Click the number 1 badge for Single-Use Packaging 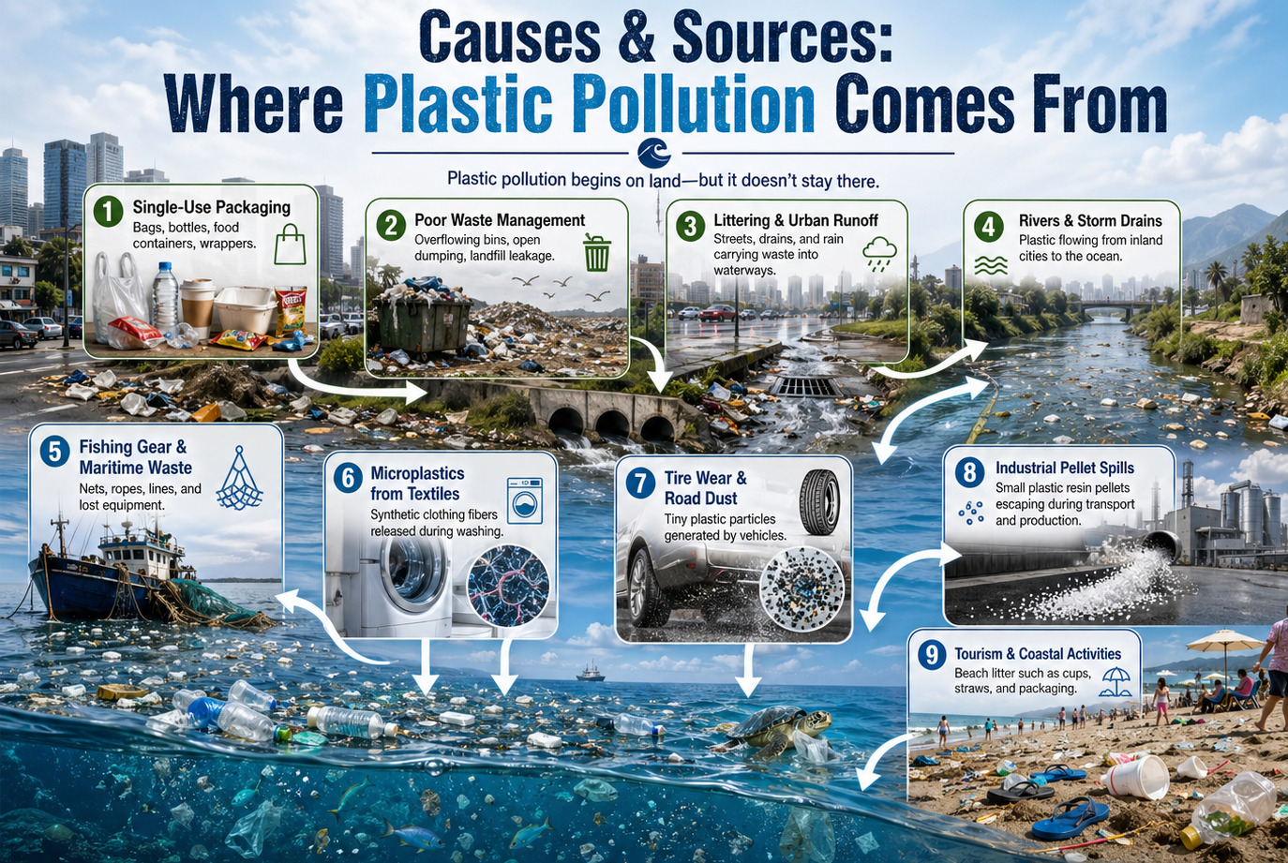pyautogui.click(x=108, y=212)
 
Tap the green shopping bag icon pyautogui.click(x=290, y=245)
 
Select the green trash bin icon pyautogui.click(x=596, y=253)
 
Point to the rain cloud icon pyautogui.click(x=879, y=254)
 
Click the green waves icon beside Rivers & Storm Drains pyautogui.click(x=991, y=265)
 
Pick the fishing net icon pyautogui.click(x=240, y=479)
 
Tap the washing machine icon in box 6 pyautogui.click(x=525, y=500)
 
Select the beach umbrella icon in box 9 pyautogui.click(x=1115, y=682)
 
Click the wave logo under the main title pyautogui.click(x=654, y=154)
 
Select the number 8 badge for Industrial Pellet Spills pyautogui.click(x=969, y=473)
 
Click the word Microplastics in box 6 pyautogui.click(x=417, y=473)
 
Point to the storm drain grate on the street pyautogui.click(x=805, y=386)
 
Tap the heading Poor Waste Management pyautogui.click(x=500, y=220)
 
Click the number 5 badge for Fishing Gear pyautogui.click(x=55, y=452)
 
